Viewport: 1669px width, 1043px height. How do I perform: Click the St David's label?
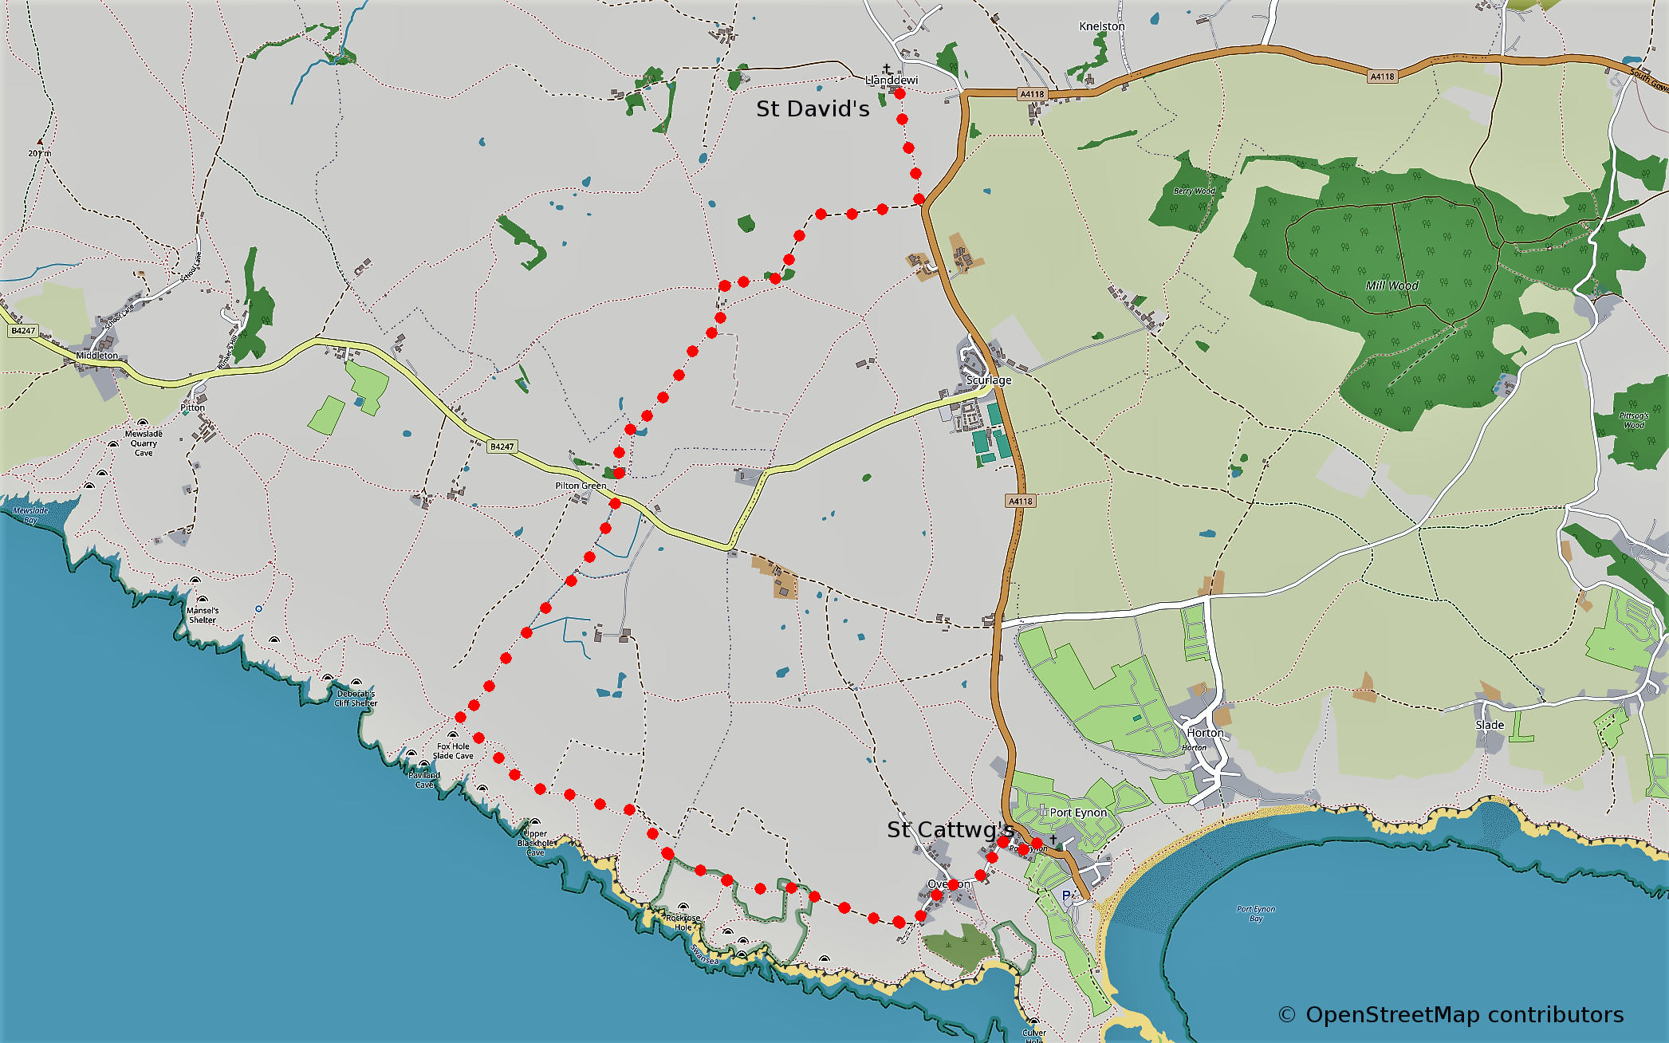click(x=812, y=108)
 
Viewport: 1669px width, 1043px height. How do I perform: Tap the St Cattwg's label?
click(x=950, y=830)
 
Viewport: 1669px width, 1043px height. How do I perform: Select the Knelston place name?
click(x=1101, y=26)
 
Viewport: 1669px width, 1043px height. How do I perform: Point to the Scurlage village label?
click(x=989, y=380)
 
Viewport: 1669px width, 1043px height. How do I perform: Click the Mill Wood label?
click(x=1391, y=285)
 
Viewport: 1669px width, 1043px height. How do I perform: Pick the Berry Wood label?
click(x=1194, y=191)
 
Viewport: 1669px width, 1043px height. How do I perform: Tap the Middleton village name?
click(x=96, y=356)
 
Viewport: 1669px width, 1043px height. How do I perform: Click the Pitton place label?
click(x=192, y=407)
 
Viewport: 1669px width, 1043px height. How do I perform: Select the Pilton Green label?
click(x=581, y=486)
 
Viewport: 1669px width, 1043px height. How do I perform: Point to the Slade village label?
click(x=1490, y=725)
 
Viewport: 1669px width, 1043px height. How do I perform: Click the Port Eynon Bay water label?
click(x=1256, y=914)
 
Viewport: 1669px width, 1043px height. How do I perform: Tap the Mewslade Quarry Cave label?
click(x=144, y=443)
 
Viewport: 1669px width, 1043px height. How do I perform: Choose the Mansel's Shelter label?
click(x=203, y=615)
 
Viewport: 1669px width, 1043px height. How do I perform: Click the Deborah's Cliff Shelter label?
click(x=356, y=699)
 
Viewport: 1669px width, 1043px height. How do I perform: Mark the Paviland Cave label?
click(x=424, y=779)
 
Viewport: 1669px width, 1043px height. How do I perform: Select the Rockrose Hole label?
click(x=683, y=923)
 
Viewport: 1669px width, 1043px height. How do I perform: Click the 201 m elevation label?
click(x=39, y=153)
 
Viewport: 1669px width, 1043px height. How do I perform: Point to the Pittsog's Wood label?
click(x=1634, y=420)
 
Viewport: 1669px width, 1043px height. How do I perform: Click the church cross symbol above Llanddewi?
click(x=887, y=69)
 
